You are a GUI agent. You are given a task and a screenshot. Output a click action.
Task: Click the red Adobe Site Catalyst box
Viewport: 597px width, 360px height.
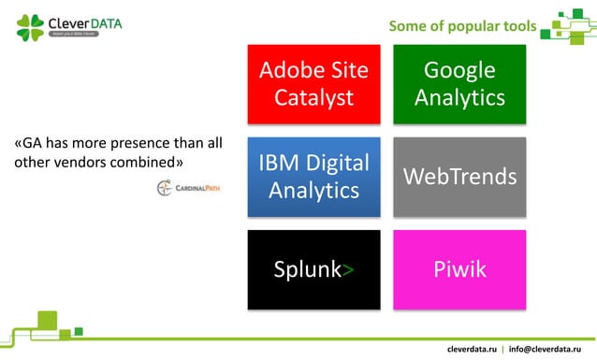313,83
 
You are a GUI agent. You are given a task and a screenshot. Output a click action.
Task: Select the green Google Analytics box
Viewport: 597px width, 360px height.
459,83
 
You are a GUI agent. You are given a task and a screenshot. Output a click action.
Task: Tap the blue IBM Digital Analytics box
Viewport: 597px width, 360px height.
313,176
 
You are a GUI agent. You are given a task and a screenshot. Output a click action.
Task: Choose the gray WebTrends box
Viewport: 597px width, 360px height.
459,176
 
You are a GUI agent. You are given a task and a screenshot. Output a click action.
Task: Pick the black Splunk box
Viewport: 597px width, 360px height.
313,269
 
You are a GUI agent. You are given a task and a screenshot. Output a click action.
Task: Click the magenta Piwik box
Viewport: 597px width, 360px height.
459,269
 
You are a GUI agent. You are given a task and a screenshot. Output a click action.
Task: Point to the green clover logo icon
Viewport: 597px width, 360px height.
30,25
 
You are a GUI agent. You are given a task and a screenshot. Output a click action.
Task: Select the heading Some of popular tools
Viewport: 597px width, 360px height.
462,25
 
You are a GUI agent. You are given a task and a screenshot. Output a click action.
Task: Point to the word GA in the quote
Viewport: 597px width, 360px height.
33,144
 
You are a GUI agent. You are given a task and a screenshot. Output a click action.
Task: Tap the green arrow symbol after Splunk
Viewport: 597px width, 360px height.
348,271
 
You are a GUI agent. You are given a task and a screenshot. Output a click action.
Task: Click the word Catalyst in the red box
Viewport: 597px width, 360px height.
313,97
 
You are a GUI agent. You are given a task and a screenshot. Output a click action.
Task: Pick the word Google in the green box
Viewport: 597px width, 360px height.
459,70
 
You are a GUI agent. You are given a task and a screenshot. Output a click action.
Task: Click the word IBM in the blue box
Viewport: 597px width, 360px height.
279,163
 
